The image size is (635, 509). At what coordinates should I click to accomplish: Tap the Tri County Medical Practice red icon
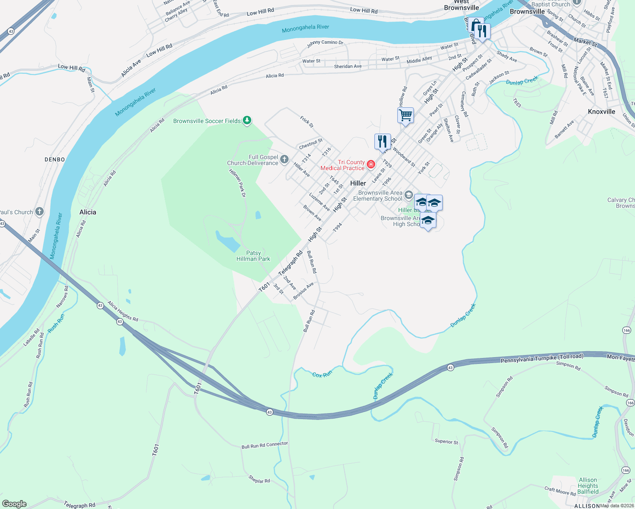tap(371, 164)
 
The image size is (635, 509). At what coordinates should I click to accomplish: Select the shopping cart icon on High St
tap(405, 115)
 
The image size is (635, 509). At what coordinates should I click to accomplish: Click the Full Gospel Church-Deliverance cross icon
tap(284, 159)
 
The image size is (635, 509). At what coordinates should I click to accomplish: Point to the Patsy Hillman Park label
tap(253, 256)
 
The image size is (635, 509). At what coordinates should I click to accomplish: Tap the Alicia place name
tap(88, 212)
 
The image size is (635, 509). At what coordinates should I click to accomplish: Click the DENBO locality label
tap(55, 159)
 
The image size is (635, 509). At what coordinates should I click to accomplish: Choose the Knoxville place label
tap(601, 112)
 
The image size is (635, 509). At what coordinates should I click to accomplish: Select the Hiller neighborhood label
tap(358, 183)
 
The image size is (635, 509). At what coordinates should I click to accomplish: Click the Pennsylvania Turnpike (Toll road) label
tap(542, 358)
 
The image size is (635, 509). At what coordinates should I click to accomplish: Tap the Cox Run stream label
tap(322, 375)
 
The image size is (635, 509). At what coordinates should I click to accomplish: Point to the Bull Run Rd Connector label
tap(264, 445)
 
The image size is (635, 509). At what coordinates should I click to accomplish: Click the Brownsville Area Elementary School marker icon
tap(409, 195)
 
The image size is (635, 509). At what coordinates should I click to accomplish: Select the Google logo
tap(14, 504)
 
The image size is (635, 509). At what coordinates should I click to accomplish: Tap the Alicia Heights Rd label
tap(123, 311)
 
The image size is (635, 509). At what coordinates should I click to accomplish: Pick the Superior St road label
tap(447, 442)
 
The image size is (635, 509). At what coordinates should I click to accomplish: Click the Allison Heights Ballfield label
tap(588, 486)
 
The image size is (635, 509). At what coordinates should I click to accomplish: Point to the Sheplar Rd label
tap(259, 479)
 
